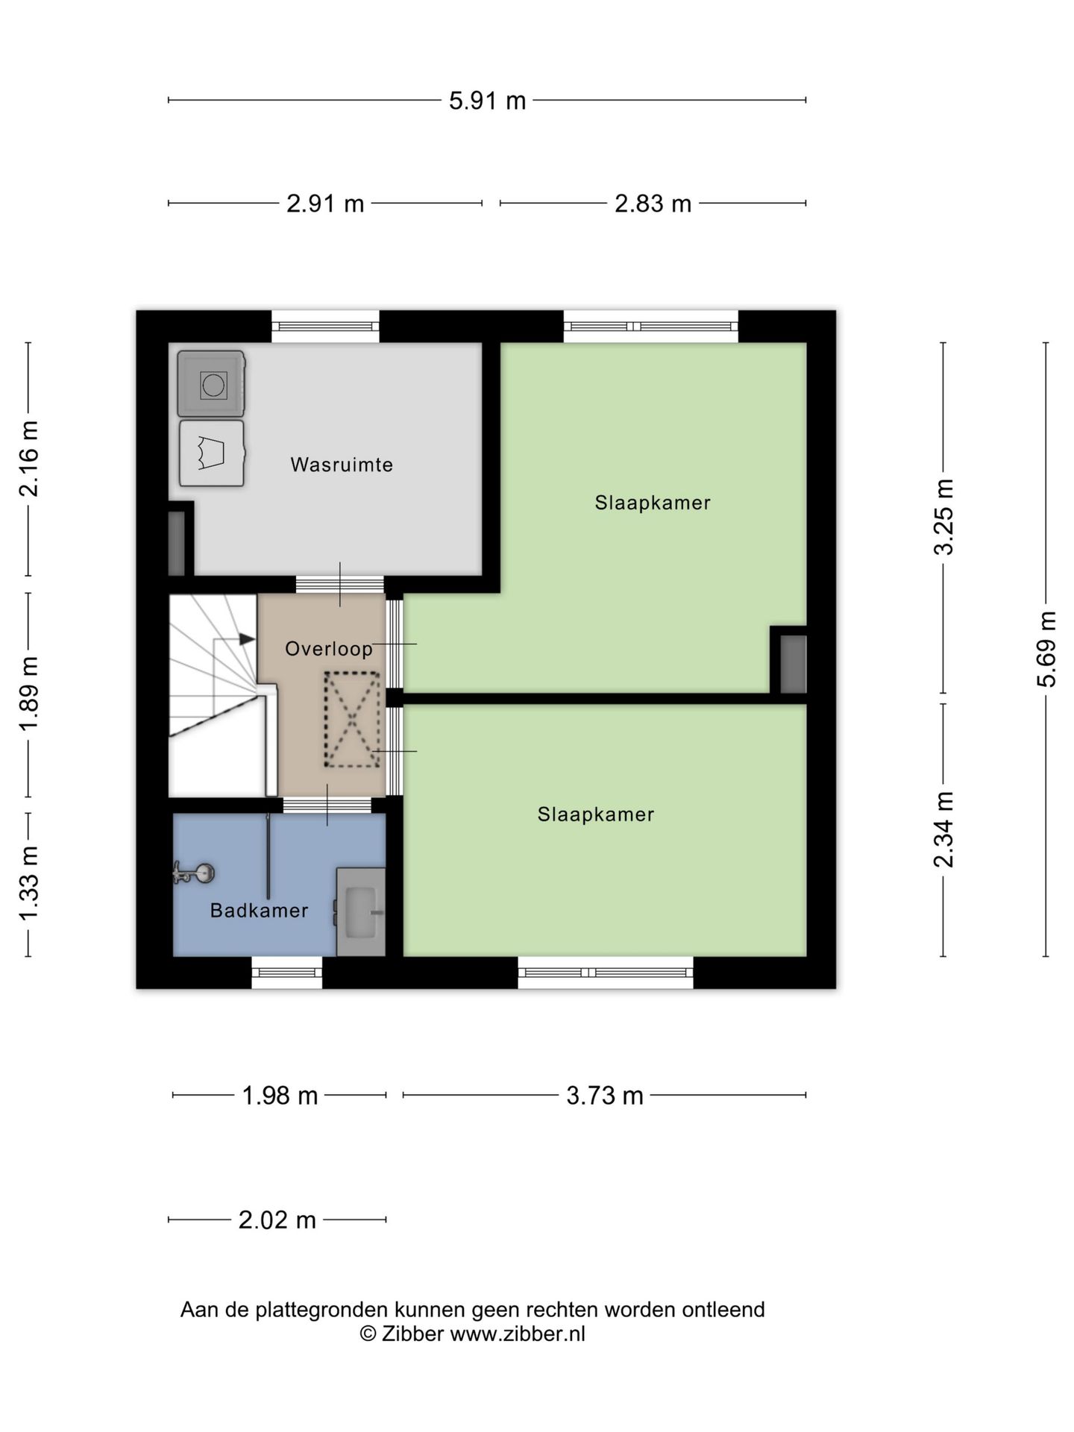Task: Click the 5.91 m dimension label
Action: [x=487, y=101]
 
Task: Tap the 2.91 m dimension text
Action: [x=325, y=204]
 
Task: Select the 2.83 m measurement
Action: [x=653, y=204]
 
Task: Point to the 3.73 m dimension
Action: [x=604, y=1096]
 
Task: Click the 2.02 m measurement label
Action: [x=277, y=1220]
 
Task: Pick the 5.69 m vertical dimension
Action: [x=1046, y=649]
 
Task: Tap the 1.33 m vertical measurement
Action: [x=28, y=884]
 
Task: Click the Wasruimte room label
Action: [x=342, y=465]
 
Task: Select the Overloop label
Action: [x=329, y=649]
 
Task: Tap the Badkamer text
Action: [x=259, y=911]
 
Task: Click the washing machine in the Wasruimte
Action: [x=212, y=384]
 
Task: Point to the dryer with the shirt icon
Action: [x=212, y=453]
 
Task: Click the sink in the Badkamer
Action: [x=361, y=911]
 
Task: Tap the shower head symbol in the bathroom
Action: [x=194, y=872]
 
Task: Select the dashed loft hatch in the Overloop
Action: [x=352, y=720]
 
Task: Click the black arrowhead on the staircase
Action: [x=247, y=639]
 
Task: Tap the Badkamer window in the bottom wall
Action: [x=286, y=973]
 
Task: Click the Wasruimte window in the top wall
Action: [x=325, y=327]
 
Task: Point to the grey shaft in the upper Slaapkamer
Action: [x=793, y=664]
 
